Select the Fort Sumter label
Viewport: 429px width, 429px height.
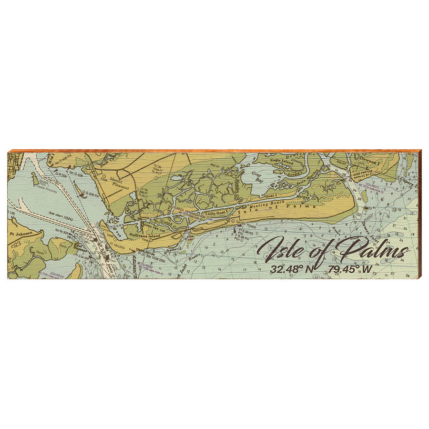click(x=80, y=251)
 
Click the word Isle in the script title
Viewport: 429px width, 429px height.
click(x=278, y=249)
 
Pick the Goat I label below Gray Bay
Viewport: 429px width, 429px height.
click(x=270, y=195)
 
